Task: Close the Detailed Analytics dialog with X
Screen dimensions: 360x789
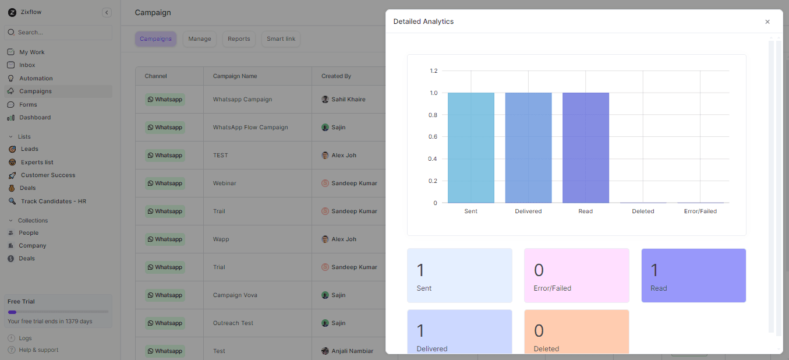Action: click(767, 22)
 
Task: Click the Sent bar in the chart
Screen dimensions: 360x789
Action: click(470, 147)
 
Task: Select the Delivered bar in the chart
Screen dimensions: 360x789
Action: click(528, 147)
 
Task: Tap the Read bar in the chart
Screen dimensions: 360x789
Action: click(585, 147)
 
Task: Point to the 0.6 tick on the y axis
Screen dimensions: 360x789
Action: click(433, 137)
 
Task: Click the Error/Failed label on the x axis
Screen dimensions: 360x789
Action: click(700, 211)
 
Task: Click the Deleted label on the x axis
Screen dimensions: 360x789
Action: click(643, 211)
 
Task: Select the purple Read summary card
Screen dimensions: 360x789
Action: click(694, 276)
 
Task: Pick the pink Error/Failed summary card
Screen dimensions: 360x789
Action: click(576, 276)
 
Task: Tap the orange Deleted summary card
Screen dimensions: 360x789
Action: click(576, 332)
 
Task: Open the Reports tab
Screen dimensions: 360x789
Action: click(239, 39)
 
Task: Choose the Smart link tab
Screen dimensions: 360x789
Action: click(281, 39)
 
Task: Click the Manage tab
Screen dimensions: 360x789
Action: click(200, 39)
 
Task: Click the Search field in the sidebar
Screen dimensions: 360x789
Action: click(58, 33)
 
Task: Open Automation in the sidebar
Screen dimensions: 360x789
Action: click(36, 79)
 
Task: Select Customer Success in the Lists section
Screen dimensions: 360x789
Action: click(48, 175)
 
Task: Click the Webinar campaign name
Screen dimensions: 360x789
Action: click(225, 183)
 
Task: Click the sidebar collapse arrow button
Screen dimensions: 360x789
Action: click(107, 12)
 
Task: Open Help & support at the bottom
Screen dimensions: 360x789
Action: click(38, 350)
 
